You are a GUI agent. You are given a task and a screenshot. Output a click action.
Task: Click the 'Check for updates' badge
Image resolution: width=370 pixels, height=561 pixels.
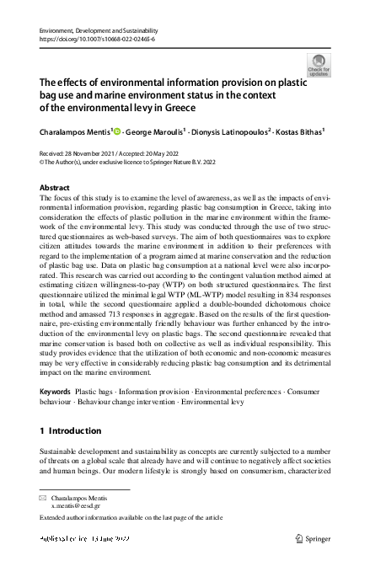[x=319, y=65]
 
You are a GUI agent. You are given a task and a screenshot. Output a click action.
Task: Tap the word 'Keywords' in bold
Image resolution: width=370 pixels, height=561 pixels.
[x=56, y=393]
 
